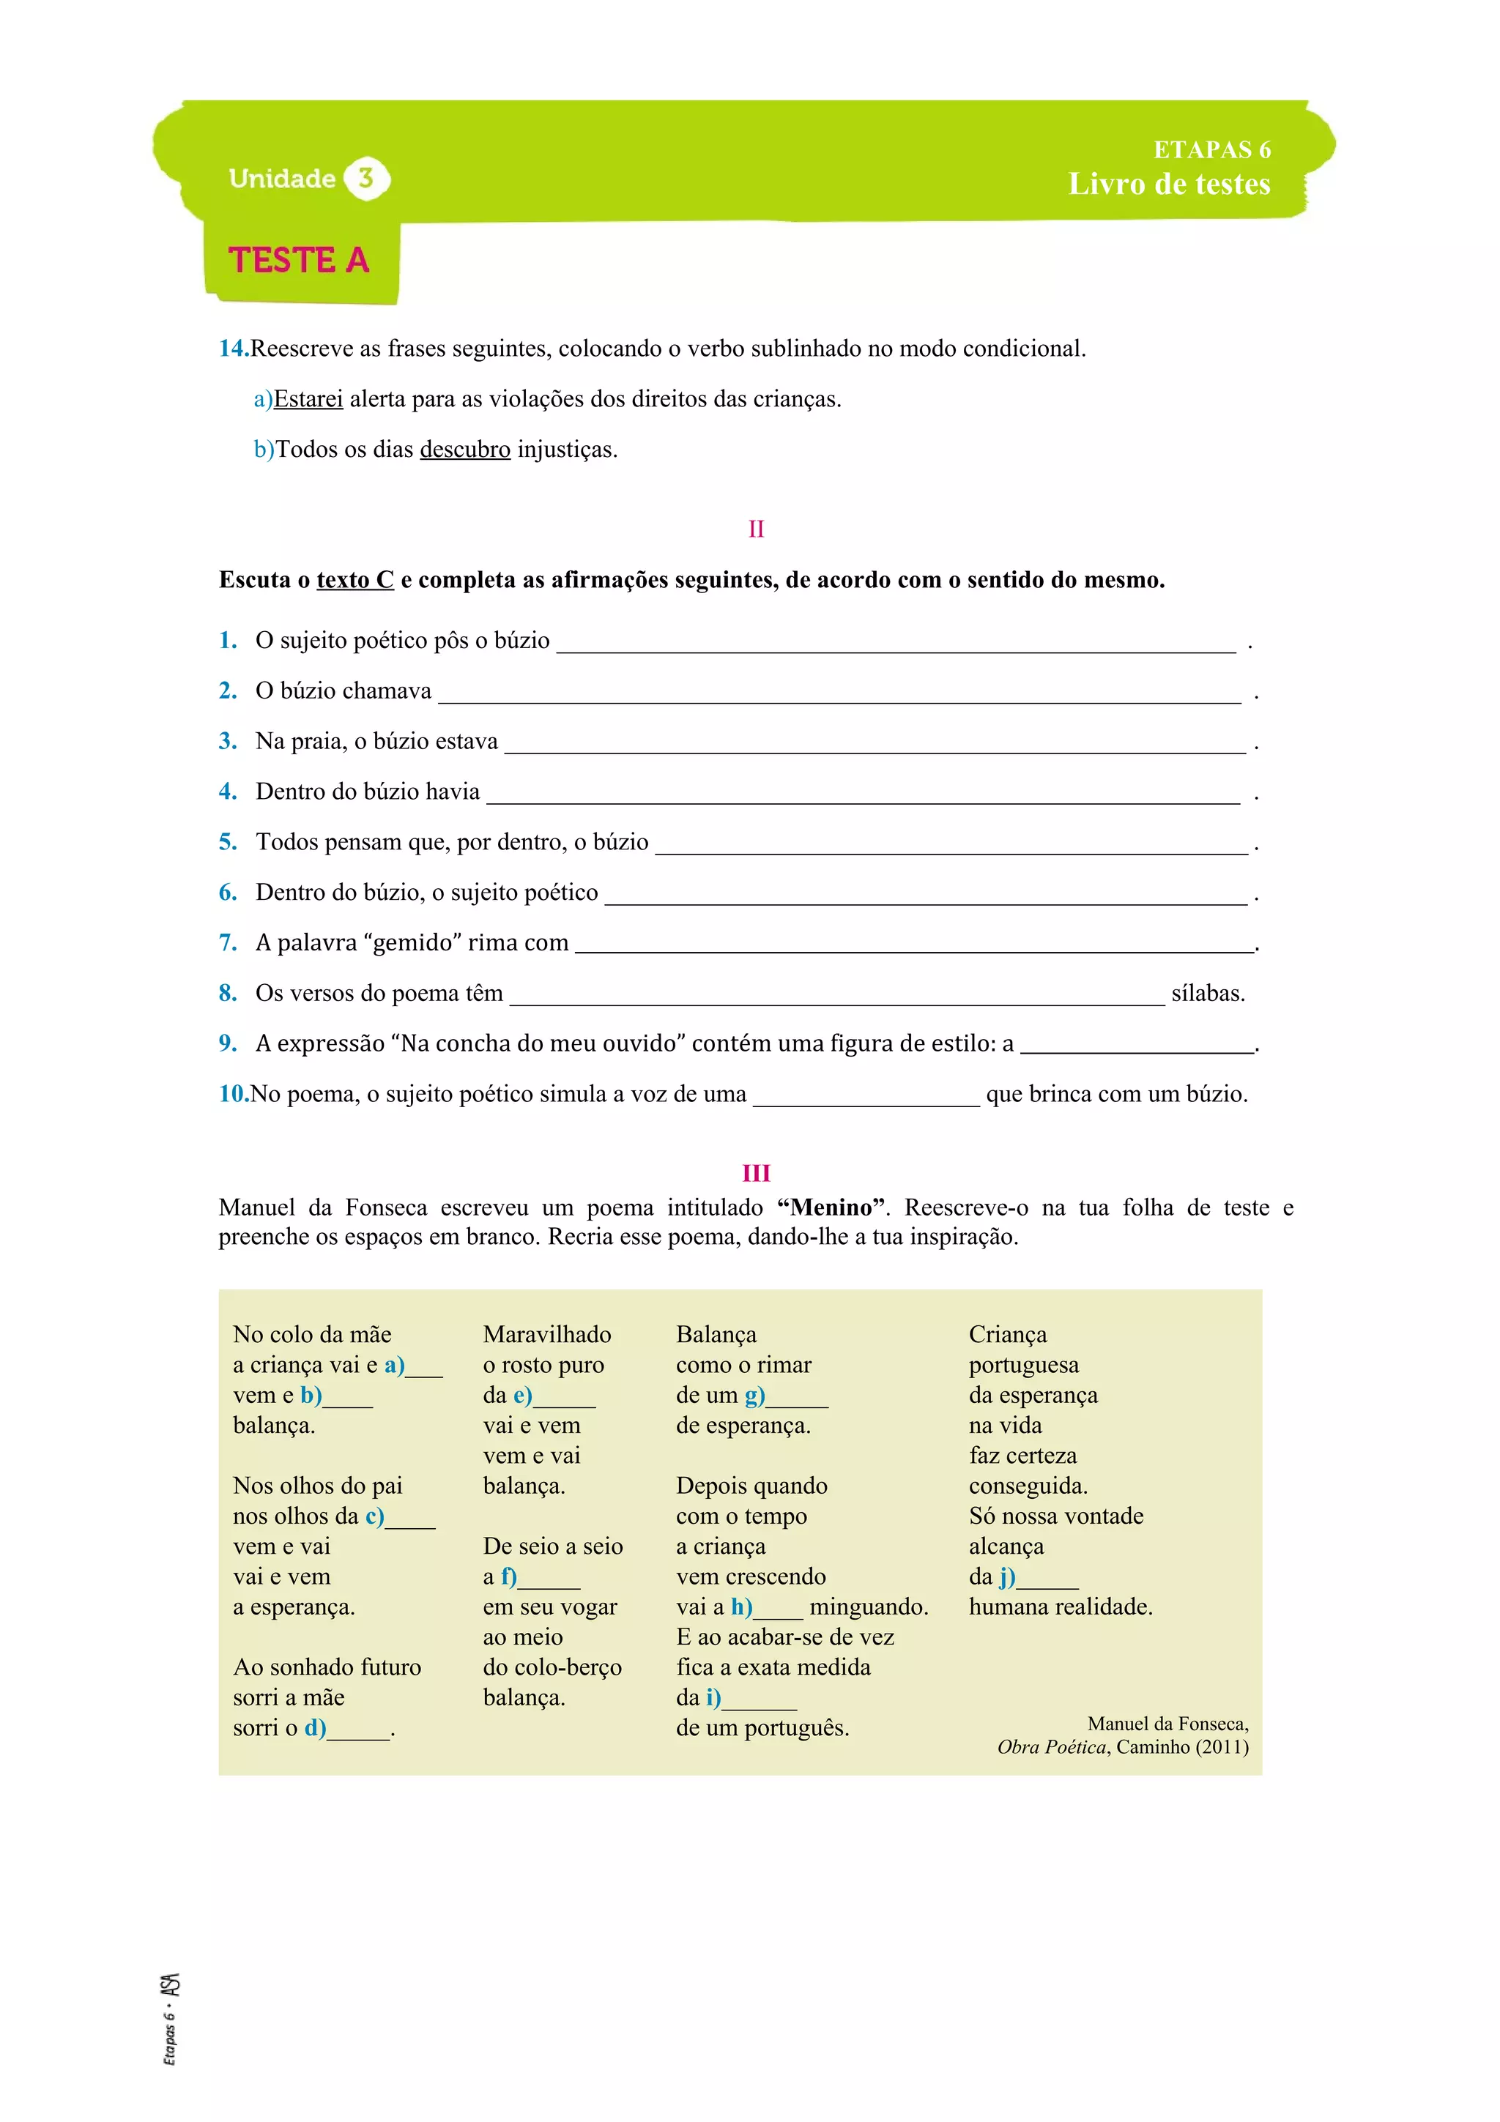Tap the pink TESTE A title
299,261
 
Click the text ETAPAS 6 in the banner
1211,149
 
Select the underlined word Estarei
308,399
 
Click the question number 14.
233,349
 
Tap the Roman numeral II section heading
756,529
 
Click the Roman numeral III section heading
756,1173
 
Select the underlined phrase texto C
355,579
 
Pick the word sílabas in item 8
1208,994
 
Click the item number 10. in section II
234,1094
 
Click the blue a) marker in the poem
395,1365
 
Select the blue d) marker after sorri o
315,1728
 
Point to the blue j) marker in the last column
1006,1576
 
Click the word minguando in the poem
868,1607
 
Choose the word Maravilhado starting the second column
547,1335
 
